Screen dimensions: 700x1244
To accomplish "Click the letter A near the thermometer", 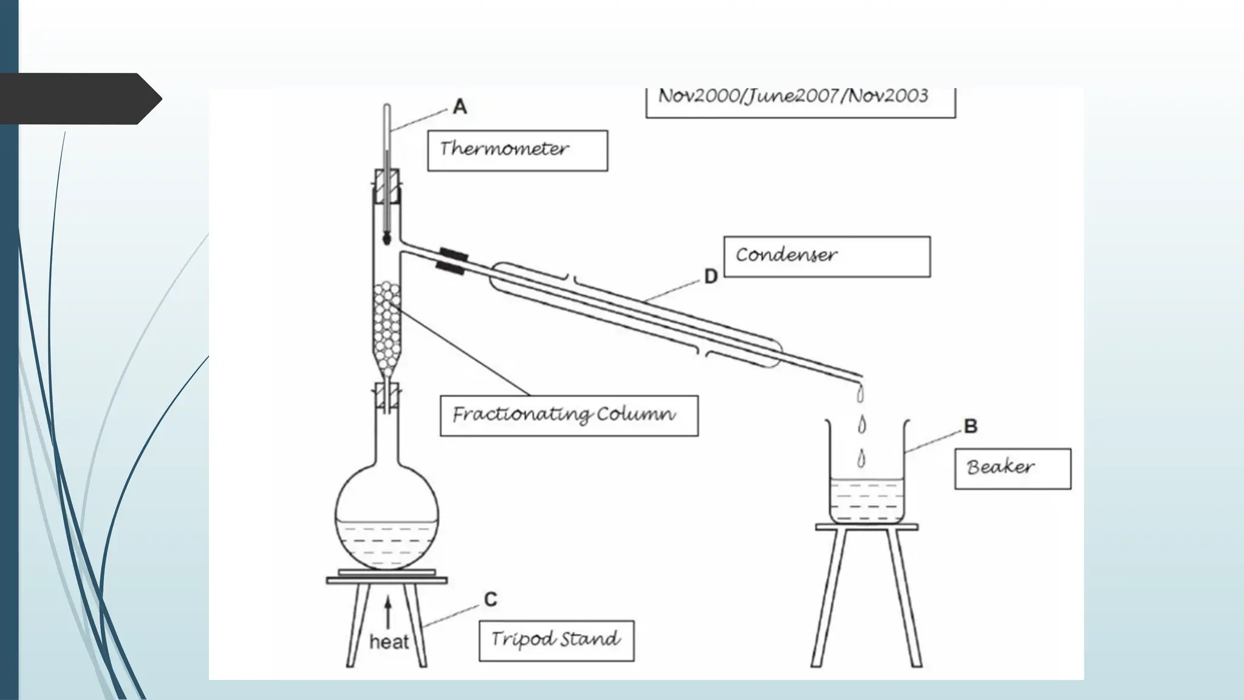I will (x=460, y=107).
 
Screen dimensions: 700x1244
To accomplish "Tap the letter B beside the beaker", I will (x=971, y=426).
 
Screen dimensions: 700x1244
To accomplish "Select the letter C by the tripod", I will (x=491, y=600).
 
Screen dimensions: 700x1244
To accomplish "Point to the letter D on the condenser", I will (x=711, y=276).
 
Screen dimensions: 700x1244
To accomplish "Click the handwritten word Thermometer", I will (x=504, y=149).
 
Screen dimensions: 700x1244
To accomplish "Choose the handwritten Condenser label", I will (x=786, y=255).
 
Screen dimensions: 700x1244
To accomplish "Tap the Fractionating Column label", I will (x=564, y=415).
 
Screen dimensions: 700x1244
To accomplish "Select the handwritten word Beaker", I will (x=1000, y=467).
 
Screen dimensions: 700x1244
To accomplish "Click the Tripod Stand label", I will (x=555, y=639).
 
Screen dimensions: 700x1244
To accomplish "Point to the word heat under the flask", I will (x=389, y=642).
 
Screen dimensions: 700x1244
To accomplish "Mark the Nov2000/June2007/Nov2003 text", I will (x=793, y=96).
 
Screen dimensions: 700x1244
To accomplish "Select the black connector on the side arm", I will (x=452, y=261).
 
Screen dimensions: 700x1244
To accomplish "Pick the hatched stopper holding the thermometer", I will (x=387, y=187).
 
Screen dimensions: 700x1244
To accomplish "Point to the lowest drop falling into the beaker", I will (x=861, y=459).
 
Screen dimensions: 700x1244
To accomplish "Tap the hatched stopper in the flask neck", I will (x=387, y=395).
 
